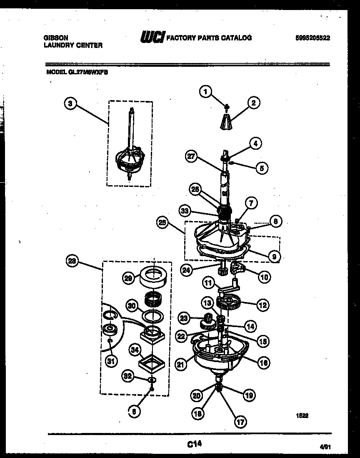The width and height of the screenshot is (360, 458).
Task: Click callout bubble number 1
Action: point(205,91)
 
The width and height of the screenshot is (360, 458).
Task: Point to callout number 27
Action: point(191,157)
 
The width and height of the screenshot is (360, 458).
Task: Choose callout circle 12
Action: point(262,305)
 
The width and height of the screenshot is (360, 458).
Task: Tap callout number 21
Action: point(180,365)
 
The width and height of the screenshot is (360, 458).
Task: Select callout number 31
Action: point(110,361)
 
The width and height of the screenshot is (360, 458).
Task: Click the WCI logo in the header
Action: point(153,38)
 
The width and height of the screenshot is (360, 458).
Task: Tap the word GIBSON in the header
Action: point(56,38)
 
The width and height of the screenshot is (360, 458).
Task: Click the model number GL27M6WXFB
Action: point(84,71)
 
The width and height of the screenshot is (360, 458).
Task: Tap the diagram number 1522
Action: point(302,415)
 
